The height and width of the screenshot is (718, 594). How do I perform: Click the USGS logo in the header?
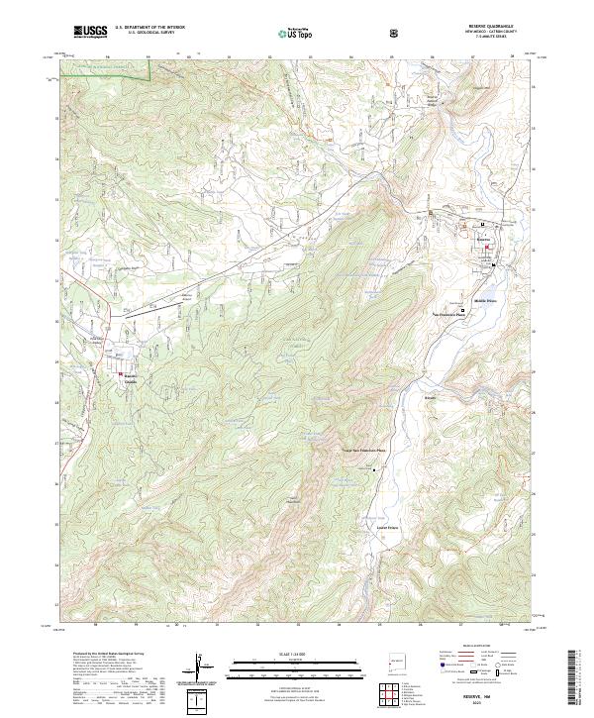pyautogui.click(x=90, y=32)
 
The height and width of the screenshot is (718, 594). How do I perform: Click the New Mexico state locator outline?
pyautogui.click(x=396, y=657)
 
